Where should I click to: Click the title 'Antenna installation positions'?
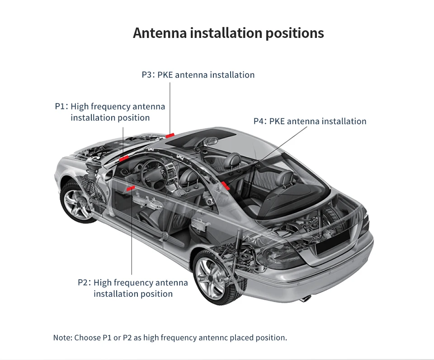pyautogui.click(x=228, y=33)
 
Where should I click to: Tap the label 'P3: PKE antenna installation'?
pyautogui.click(x=198, y=75)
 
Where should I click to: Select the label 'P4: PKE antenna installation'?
pyautogui.click(x=310, y=122)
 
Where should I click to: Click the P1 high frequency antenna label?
pyautogui.click(x=110, y=112)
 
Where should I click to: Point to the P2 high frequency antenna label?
pyautogui.click(x=133, y=288)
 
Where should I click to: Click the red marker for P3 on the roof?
pyautogui.click(x=170, y=134)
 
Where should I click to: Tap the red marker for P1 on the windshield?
pyautogui.click(x=123, y=158)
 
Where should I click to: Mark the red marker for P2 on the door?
pyautogui.click(x=131, y=187)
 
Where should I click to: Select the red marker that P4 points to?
pyautogui.click(x=225, y=185)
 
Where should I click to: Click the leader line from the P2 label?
pyautogui.click(x=132, y=235)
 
